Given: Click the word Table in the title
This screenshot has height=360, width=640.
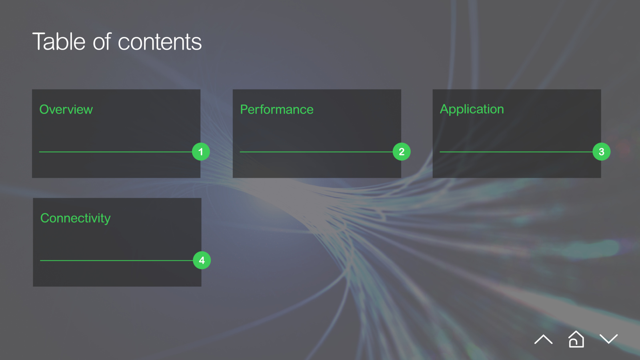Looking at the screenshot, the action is click(59, 42).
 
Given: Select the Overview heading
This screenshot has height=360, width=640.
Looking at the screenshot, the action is click(66, 110).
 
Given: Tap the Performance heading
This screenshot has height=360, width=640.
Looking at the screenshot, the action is click(276, 110).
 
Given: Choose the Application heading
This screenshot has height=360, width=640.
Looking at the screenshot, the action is click(472, 110).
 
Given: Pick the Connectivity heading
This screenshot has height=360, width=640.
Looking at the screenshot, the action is click(76, 218).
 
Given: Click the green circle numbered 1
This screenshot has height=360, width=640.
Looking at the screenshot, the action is click(201, 152).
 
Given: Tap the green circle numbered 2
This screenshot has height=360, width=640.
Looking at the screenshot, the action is click(402, 152).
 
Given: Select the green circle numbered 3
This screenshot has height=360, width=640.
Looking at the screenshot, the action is click(602, 152).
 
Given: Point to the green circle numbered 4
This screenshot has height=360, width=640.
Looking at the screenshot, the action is click(202, 260).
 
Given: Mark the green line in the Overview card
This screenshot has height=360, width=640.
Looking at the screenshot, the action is click(116, 152).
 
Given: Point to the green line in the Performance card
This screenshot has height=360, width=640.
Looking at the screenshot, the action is click(316, 152).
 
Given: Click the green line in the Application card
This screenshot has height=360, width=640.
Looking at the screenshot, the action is click(516, 152).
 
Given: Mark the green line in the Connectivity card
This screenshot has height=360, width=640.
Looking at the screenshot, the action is click(116, 260).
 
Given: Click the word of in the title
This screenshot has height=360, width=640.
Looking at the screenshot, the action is click(102, 42).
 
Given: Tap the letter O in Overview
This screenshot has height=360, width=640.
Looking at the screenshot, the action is click(44, 110).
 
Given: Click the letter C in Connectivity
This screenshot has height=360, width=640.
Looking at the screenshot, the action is click(45, 218).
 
